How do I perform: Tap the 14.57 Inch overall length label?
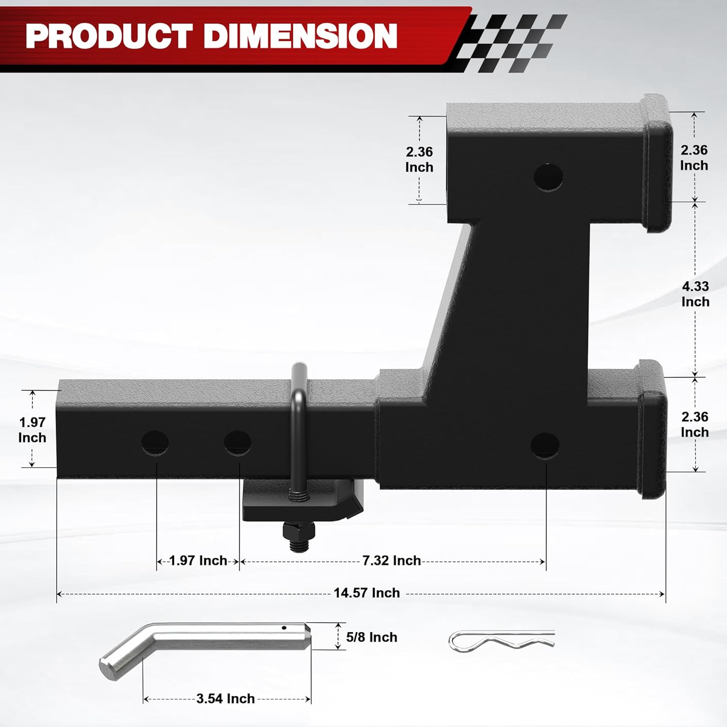coord(366,593)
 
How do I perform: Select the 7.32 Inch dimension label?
coord(392,561)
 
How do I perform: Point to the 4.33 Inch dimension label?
coord(695,294)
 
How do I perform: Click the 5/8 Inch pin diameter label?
coord(372,637)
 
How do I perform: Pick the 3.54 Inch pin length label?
coord(225,698)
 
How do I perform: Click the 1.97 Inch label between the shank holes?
coord(198,561)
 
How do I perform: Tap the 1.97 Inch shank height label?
coord(32,429)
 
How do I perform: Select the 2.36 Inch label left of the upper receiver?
coord(419,159)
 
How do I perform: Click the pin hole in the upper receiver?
coord(548,177)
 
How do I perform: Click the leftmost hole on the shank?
coord(155,443)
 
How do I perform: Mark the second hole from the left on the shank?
coord(237,443)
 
